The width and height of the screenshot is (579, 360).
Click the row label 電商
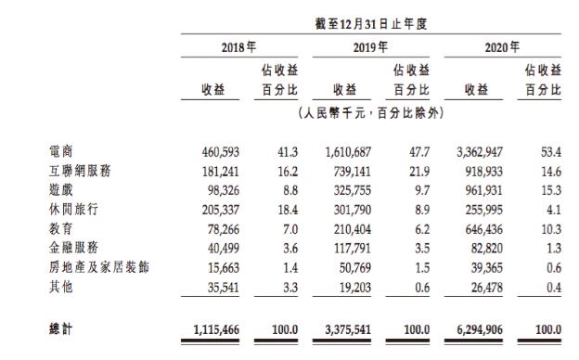click(x=59, y=149)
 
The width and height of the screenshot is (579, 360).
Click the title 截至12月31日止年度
click(x=370, y=22)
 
